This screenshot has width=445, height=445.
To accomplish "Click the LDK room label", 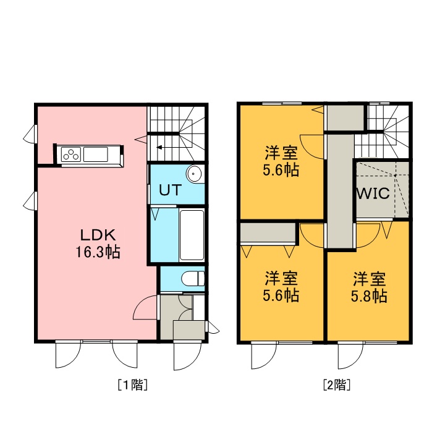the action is (x=98, y=235).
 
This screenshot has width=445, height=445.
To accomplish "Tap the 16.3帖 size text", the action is (x=98, y=252).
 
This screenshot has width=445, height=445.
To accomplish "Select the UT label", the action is (x=170, y=190).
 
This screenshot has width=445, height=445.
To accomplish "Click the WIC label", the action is (x=373, y=193).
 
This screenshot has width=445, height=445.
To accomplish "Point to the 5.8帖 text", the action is (x=369, y=296).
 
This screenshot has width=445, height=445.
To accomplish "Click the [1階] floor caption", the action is (x=132, y=384).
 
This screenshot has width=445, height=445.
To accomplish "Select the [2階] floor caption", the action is (x=337, y=384).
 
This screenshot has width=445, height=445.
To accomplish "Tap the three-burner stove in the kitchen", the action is (x=71, y=155).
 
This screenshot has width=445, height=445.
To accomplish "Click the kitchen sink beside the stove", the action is (x=96, y=155).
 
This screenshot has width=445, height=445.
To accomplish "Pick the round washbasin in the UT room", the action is (x=194, y=174).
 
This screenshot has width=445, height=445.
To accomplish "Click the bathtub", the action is (x=192, y=235).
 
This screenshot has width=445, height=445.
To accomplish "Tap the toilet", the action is (x=193, y=278).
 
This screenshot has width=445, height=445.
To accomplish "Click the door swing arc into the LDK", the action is (x=145, y=307).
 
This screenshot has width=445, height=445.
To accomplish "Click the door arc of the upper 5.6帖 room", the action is (x=311, y=146).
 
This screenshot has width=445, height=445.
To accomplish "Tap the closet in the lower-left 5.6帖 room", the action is (x=268, y=234).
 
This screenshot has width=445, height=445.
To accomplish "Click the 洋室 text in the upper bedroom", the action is (x=281, y=153).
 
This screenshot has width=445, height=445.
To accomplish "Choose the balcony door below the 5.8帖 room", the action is (x=350, y=356).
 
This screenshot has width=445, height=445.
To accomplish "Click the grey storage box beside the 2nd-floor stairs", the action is (x=345, y=118).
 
